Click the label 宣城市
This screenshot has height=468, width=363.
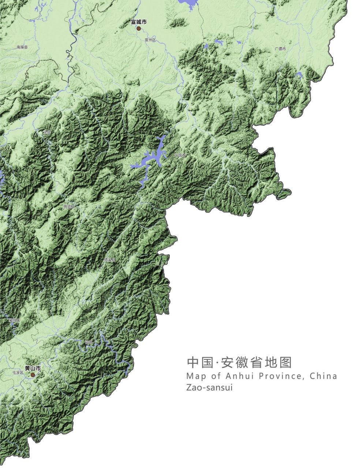pos(139,22)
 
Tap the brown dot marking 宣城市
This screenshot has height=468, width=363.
pos(139,28)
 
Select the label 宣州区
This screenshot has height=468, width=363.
pos(150,40)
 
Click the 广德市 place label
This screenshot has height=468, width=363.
pos(280,49)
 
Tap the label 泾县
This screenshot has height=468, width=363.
pos(46,132)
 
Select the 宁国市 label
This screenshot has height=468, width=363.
pos(180,155)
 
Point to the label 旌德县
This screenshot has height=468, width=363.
pos(69,207)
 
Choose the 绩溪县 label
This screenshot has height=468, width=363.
pos(109,260)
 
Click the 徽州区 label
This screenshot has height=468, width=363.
pos(15,320)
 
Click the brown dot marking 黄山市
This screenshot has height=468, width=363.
pos(33,375)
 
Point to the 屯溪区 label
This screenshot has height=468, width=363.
pos(18,373)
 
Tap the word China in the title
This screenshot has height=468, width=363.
pos(323,376)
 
